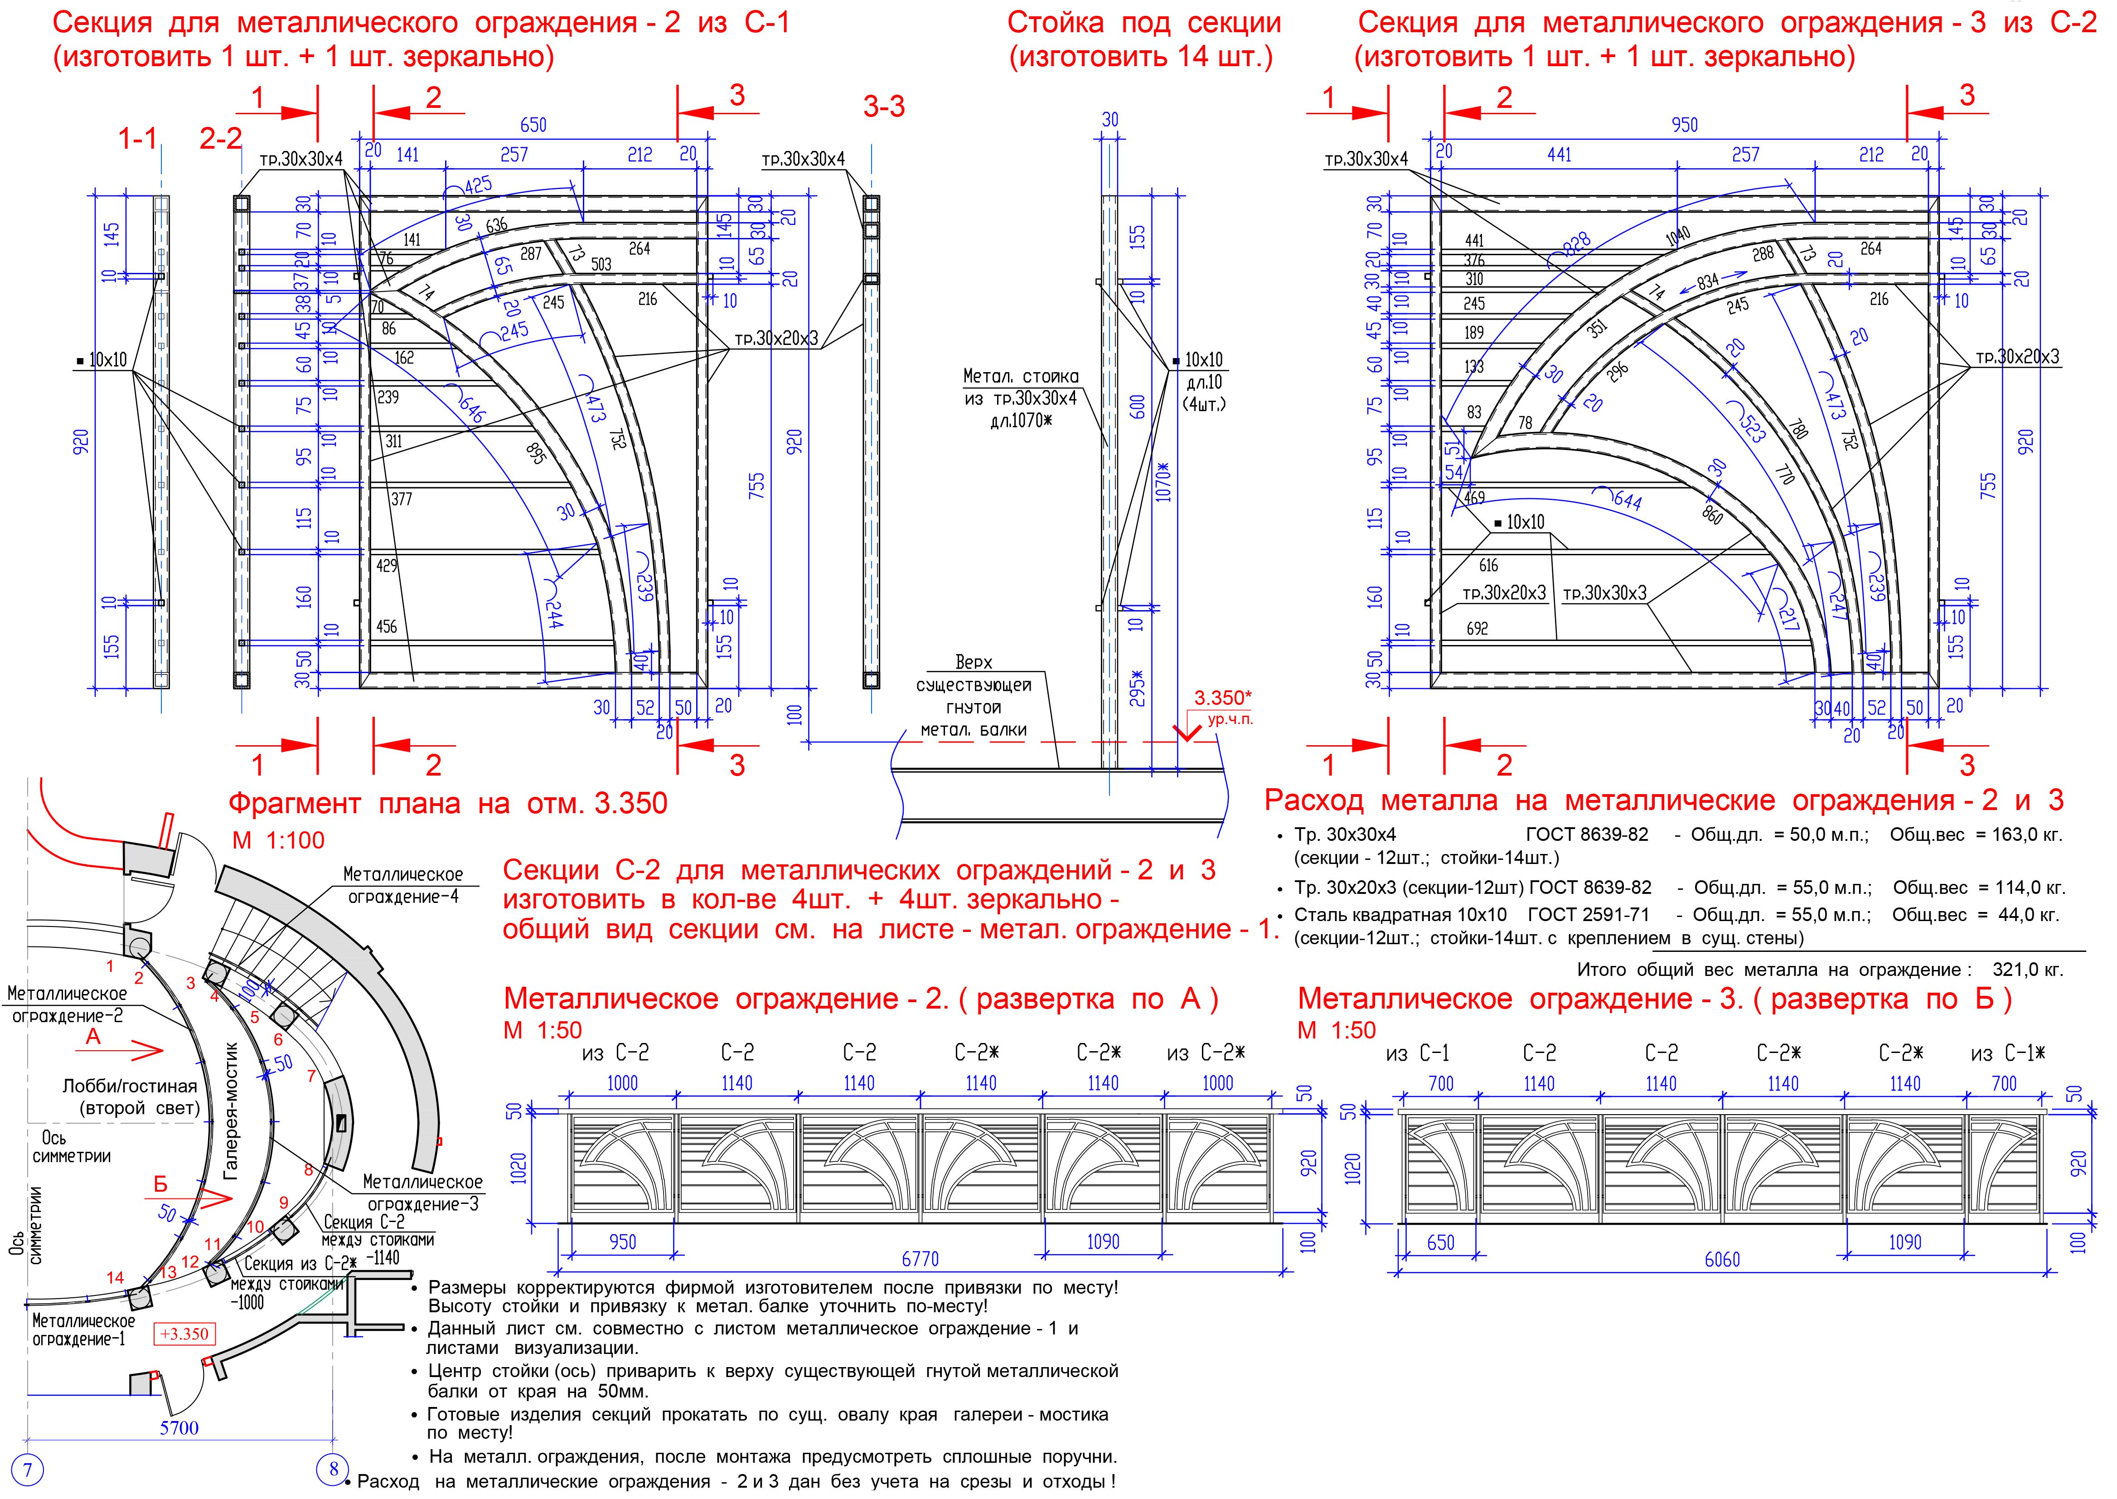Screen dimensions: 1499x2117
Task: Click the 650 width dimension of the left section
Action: coord(533,125)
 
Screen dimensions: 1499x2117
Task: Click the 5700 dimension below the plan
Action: coord(179,1428)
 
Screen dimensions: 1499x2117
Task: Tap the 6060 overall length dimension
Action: coord(1722,1259)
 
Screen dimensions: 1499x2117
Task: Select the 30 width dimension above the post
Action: coord(1110,120)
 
